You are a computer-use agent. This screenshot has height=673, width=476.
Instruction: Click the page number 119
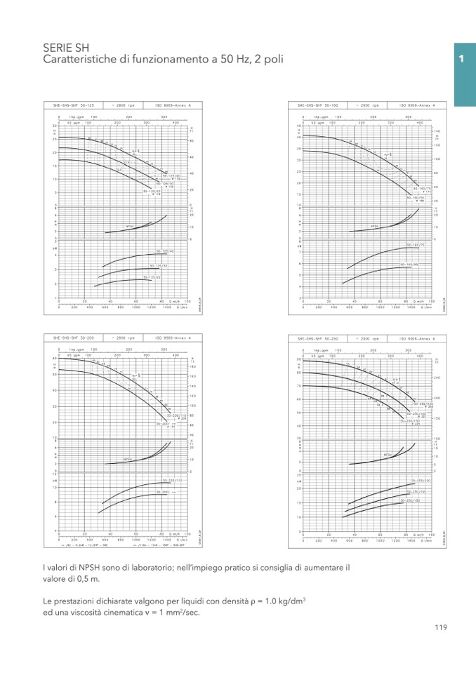[x=440, y=627]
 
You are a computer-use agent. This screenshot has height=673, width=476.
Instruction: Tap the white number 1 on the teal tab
[x=461, y=59]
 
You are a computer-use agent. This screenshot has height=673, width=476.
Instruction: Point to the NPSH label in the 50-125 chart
[x=130, y=227]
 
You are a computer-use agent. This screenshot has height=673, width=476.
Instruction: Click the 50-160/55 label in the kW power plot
[x=409, y=265]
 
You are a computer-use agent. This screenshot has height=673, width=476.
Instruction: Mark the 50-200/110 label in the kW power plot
[x=171, y=481]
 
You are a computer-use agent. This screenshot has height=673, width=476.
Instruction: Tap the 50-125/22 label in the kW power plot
[x=152, y=277]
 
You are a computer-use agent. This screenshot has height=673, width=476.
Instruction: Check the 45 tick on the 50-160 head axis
[x=299, y=126]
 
